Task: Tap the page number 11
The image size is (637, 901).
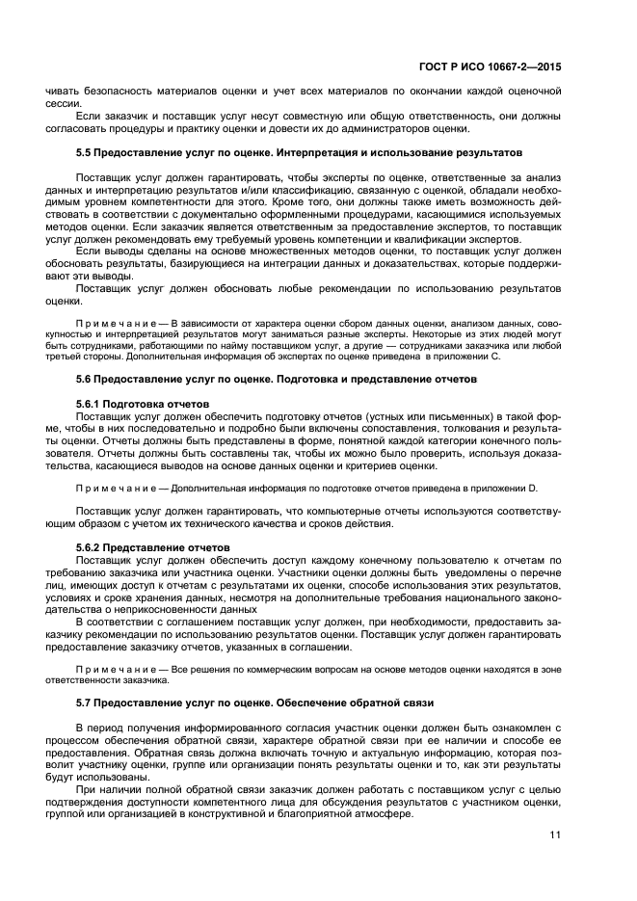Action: pos(556,835)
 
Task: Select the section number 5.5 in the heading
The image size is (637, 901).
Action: pos(84,153)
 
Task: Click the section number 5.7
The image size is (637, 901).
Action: pos(84,702)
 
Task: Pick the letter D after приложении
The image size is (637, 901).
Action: pos(534,489)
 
